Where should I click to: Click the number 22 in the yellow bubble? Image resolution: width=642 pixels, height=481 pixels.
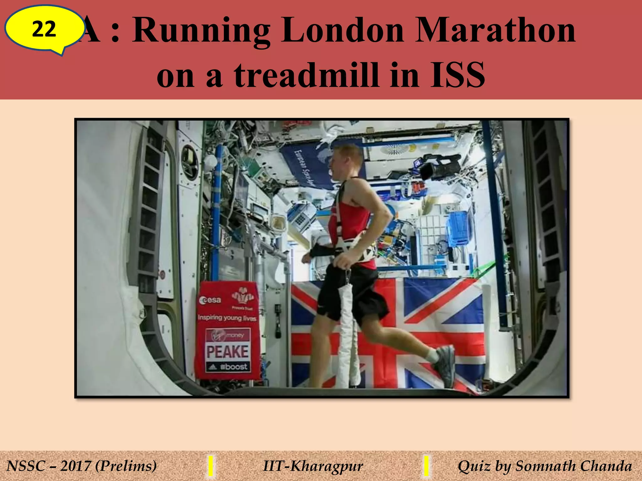click(44, 29)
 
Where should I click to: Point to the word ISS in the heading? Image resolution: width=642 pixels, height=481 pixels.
click(457, 75)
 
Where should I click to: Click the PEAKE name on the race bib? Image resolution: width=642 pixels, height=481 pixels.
click(228, 352)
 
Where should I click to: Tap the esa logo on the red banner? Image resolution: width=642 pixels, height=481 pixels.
click(210, 300)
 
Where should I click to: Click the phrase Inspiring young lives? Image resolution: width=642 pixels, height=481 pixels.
click(227, 318)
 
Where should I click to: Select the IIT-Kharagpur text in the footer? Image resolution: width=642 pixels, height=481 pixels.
click(313, 466)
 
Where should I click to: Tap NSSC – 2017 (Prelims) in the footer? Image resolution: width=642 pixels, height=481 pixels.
click(82, 466)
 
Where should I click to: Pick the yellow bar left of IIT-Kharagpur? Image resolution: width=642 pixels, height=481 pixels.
click(211, 466)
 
